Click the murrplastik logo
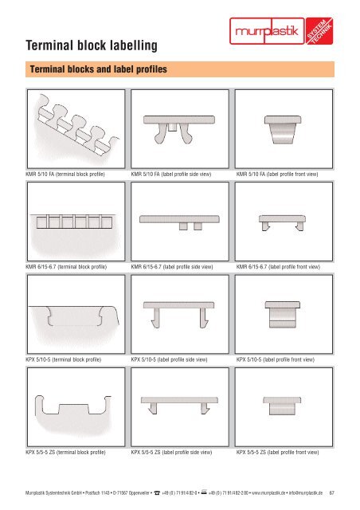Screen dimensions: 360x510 pos(267,31)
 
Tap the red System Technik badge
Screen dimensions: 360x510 pos(319,31)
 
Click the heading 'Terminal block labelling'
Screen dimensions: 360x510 pos(92,45)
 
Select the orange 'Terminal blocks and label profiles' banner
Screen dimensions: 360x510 pos(180,69)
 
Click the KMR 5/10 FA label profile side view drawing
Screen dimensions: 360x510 pos(180,129)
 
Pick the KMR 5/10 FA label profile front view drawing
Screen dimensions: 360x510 pos(284,129)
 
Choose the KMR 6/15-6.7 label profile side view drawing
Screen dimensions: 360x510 pos(180,222)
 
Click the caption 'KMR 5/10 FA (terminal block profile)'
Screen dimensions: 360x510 pos(65,175)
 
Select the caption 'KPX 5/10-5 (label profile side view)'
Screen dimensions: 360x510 pos(169,359)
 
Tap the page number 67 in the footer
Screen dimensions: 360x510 pos(331,492)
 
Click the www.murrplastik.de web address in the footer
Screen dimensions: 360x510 pos(269,492)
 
